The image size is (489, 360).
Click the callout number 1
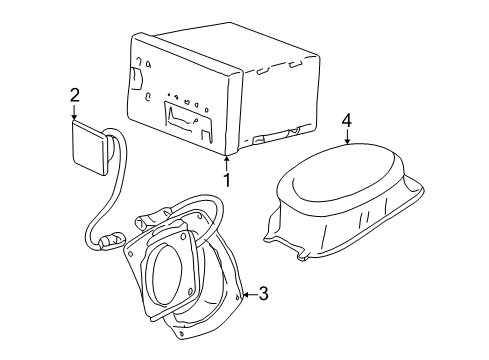[227, 181]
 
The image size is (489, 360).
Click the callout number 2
[74, 95]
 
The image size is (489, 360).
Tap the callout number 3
[263, 293]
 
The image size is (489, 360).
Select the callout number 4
[347, 120]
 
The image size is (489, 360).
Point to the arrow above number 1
[227, 162]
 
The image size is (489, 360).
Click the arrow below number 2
[74, 114]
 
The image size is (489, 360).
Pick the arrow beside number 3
[246, 293]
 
